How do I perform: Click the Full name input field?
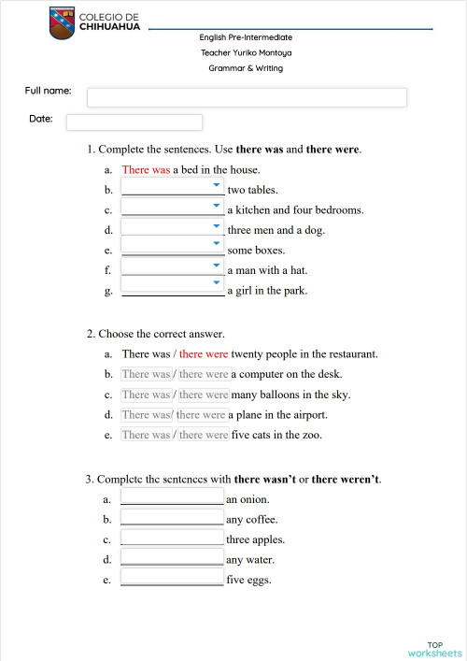coord(247,97)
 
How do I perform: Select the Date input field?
coord(134,122)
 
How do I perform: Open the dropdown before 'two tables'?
coord(173,187)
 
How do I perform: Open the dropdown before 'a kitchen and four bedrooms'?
coord(173,208)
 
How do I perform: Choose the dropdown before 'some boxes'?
coord(173,249)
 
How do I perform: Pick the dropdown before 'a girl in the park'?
coord(173,289)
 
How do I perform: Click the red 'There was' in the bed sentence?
coord(146,170)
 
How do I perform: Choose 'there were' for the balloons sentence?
coord(204,395)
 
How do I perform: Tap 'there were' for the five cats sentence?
coord(204,435)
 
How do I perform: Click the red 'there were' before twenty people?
coord(204,354)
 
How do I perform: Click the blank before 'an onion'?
coord(172,497)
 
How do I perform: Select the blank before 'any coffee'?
coord(172,518)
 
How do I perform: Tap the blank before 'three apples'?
coord(172,539)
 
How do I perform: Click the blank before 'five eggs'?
coord(172,579)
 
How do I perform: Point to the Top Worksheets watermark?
coord(434,649)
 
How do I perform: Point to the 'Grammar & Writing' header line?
coord(246,68)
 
